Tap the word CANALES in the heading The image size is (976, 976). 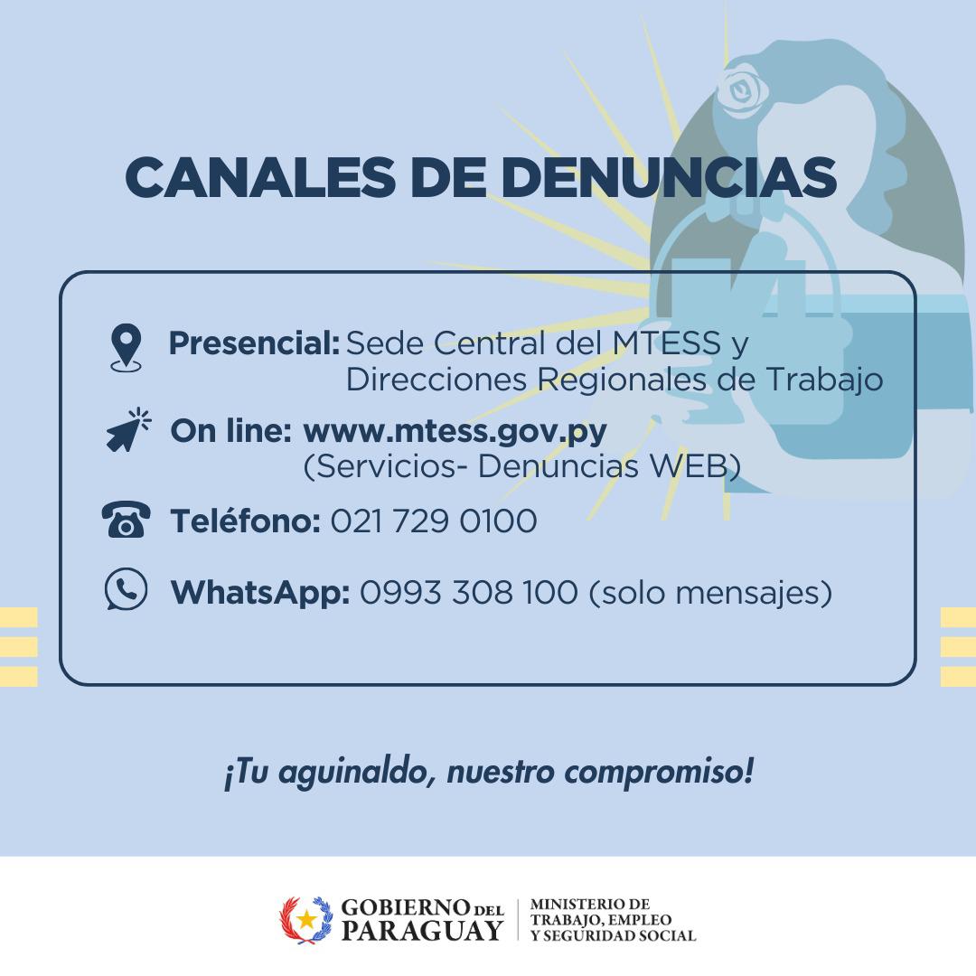pyautogui.click(x=260, y=177)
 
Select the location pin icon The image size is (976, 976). pyautogui.click(x=127, y=347)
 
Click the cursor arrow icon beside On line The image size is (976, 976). pyautogui.click(x=129, y=429)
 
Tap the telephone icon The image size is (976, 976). pyautogui.click(x=126, y=519)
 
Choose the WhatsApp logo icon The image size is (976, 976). pyautogui.click(x=127, y=589)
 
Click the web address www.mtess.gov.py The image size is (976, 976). pyautogui.click(x=455, y=431)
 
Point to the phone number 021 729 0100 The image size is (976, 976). pyautogui.click(x=433, y=521)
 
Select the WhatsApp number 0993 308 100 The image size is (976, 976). pyautogui.click(x=469, y=592)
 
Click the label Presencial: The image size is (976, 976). pyautogui.click(x=254, y=343)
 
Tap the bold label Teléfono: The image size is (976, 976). pyautogui.click(x=245, y=521)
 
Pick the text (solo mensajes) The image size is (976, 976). pyautogui.click(x=710, y=593)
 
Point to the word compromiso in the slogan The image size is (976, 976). pyautogui.click(x=659, y=774)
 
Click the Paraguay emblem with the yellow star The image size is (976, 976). pyautogui.click(x=305, y=920)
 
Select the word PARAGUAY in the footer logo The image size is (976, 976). pyautogui.click(x=422, y=931)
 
